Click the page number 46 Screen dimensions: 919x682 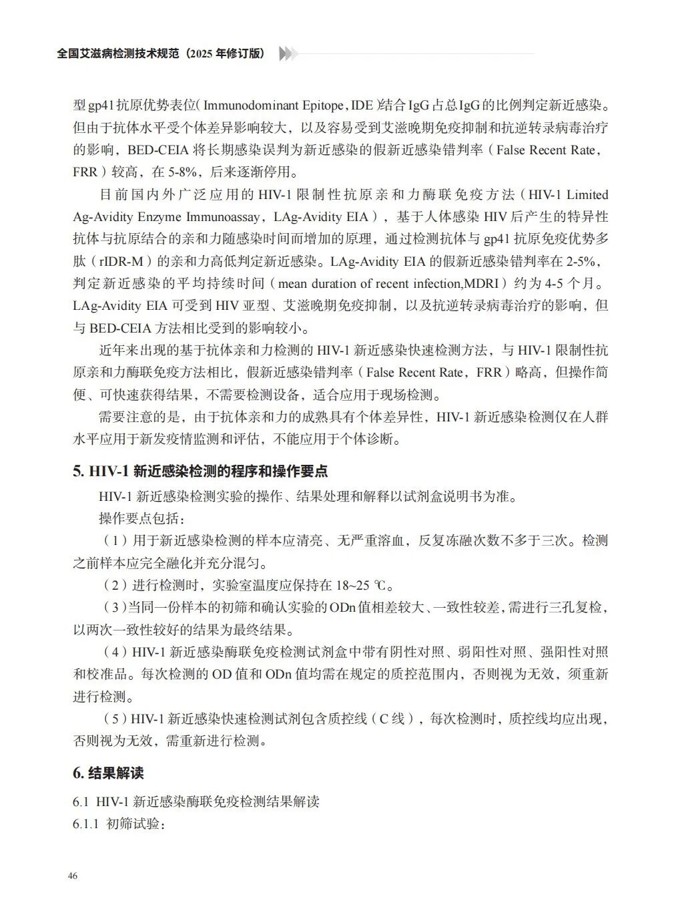pos(73,876)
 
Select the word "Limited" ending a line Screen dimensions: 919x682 pos(587,194)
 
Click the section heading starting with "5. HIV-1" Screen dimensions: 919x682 pos(200,471)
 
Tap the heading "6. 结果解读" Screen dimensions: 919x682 pos(108,773)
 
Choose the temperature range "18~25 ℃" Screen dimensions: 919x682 pos(361,586)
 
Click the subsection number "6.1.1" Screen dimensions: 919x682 pos(86,823)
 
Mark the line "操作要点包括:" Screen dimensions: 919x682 pos(142,519)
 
